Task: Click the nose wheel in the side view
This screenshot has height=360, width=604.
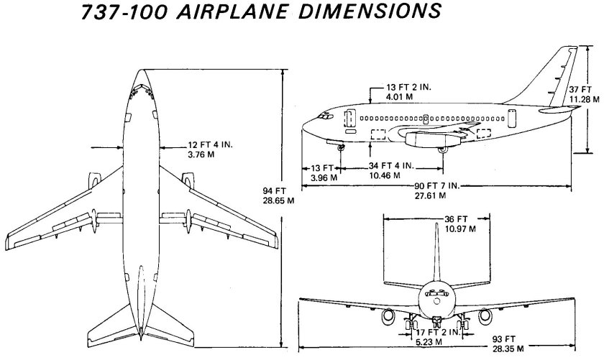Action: pos(341,147)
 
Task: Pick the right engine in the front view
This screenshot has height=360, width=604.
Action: pos(485,315)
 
